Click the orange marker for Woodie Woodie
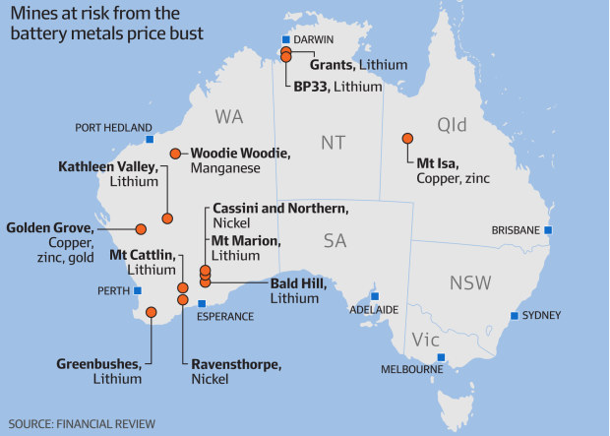[x=175, y=153]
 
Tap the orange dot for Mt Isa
[x=406, y=139]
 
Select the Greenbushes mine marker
[x=152, y=313]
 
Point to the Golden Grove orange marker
[x=141, y=228]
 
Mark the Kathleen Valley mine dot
[x=167, y=218]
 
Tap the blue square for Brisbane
[x=549, y=230]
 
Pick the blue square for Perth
[x=138, y=290]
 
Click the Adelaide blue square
[x=375, y=294]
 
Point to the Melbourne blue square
[x=442, y=357]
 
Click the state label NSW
[x=470, y=283]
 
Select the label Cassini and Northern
[x=279, y=209]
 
